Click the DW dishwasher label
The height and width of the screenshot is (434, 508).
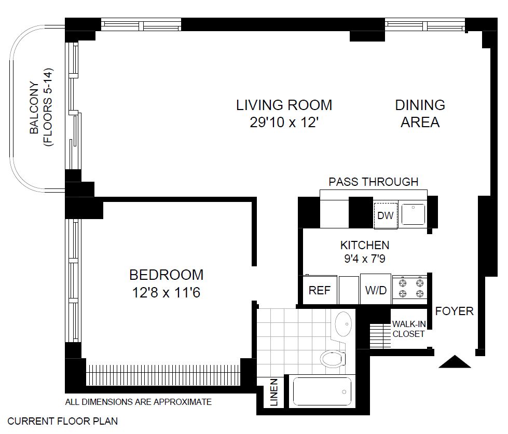tap(385, 215)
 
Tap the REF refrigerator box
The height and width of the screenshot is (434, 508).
tap(320, 290)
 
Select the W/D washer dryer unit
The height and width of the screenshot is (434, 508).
tap(376, 289)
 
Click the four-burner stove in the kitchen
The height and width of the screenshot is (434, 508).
tap(411, 288)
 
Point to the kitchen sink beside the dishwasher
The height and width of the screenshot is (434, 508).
tap(413, 214)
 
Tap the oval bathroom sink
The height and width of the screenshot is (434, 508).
tap(344, 324)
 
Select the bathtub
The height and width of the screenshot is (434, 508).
tap(322, 391)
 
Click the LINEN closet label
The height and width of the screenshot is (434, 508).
tap(274, 392)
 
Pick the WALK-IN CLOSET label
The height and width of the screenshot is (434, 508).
tap(408, 329)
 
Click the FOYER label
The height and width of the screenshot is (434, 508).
tap(454, 311)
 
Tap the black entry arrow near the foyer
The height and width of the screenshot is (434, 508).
tap(455, 361)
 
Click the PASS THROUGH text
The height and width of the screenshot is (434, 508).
tap(374, 182)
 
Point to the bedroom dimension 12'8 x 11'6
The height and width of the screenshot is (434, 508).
tap(166, 292)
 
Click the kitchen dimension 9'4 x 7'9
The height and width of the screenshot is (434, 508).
tap(365, 259)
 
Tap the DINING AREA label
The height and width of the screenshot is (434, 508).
tap(420, 114)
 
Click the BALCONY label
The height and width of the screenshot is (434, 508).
tap(34, 107)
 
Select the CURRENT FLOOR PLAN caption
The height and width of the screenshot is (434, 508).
tap(63, 421)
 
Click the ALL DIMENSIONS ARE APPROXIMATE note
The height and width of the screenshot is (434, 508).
tap(139, 402)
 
